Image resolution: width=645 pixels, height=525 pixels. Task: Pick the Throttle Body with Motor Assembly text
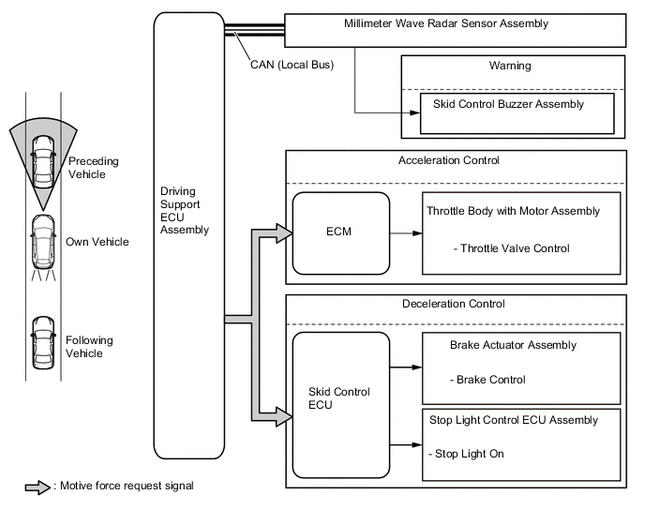tap(512, 211)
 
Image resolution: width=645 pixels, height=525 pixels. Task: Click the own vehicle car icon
tap(42, 241)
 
